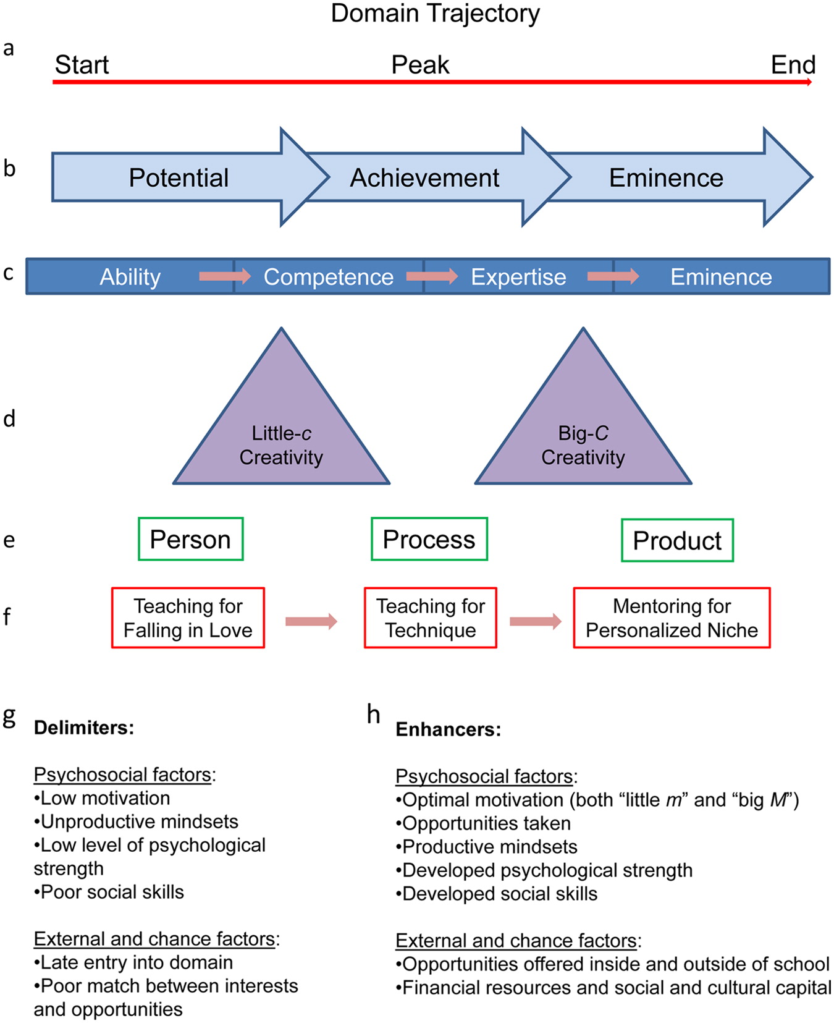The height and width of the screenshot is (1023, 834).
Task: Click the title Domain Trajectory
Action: pos(435,14)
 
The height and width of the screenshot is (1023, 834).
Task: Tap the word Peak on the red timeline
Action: pos(420,65)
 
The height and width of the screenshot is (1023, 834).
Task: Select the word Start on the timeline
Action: pos(82,65)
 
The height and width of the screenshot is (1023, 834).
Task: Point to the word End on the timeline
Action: pos(793,65)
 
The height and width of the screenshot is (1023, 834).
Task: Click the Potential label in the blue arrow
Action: pos(179,178)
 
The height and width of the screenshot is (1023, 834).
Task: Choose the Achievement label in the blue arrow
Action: pos(424,178)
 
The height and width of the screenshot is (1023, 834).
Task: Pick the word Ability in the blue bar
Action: pos(130,277)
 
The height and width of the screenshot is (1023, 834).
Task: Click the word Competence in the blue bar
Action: pos(328,277)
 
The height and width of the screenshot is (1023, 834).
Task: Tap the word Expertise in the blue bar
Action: pos(518,277)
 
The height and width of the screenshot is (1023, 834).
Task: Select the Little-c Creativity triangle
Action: pos(281,433)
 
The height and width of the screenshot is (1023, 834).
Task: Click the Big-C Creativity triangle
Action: pos(583,433)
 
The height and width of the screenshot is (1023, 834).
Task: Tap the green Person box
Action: pos(190,539)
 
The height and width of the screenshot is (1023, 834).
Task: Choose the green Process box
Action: pos(429,539)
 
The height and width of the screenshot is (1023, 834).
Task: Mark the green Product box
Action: pos(677,540)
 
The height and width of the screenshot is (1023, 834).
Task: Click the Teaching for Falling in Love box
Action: pos(188,618)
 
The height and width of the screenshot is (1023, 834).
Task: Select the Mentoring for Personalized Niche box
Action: pos(672,618)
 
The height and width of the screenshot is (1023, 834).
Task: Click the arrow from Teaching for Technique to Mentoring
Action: pos(535,621)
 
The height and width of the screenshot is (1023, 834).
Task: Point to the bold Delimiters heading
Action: pos(84,728)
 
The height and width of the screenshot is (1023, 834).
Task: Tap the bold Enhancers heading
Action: pos(448,729)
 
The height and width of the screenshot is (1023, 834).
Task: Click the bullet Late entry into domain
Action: pos(133,962)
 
